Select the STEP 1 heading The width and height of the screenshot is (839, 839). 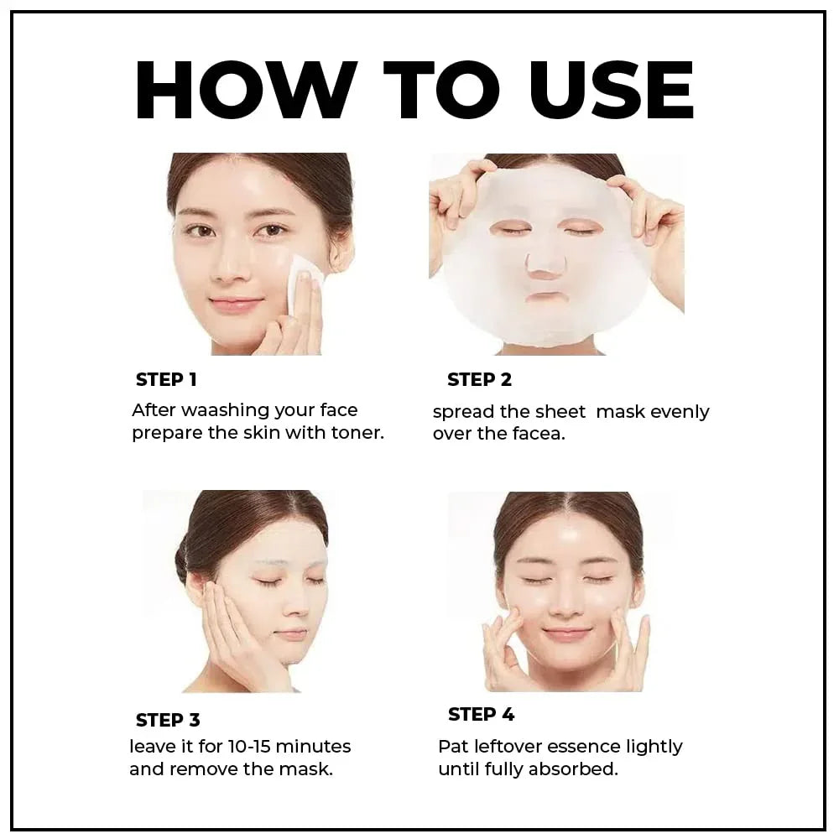(x=166, y=379)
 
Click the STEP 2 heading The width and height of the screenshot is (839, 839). (x=479, y=379)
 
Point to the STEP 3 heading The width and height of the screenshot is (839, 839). (x=168, y=720)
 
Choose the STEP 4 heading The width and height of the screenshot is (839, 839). (x=481, y=714)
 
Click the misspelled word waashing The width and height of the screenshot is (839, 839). (x=226, y=410)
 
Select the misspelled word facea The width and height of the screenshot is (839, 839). (x=538, y=435)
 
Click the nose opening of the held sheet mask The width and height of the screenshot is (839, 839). (x=543, y=264)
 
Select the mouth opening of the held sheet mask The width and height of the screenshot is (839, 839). (x=545, y=299)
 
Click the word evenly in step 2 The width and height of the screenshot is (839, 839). (x=680, y=412)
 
